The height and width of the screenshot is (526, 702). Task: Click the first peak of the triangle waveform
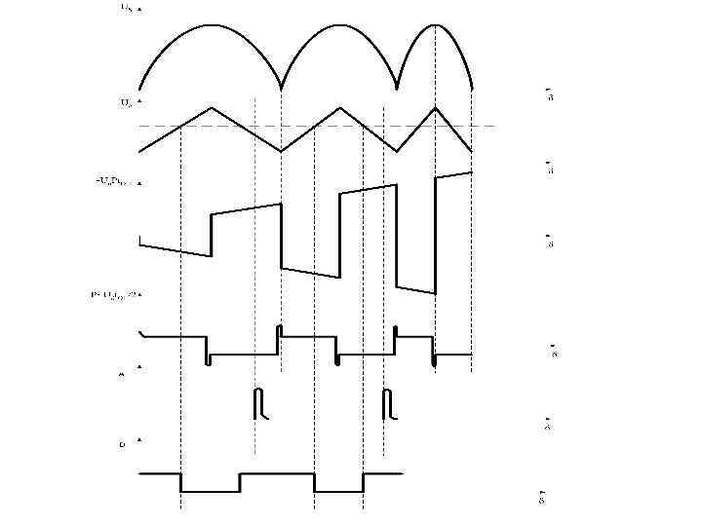coord(212,107)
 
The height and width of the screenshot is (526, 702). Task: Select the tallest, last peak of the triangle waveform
coord(435,105)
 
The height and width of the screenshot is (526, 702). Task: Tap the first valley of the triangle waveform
coord(282,151)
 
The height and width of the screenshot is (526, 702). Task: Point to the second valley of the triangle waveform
coord(397,151)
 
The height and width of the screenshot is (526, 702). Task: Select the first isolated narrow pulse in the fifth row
coord(258,402)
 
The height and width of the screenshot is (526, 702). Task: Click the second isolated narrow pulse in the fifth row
coord(387,402)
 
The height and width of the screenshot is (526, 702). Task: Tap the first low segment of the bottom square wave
coord(211,492)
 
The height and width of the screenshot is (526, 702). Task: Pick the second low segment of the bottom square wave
coord(339,492)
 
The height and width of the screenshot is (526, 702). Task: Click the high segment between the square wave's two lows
coord(278,474)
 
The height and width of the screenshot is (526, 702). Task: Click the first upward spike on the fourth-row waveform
coord(279,329)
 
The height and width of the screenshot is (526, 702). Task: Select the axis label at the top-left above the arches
coord(128,7)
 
